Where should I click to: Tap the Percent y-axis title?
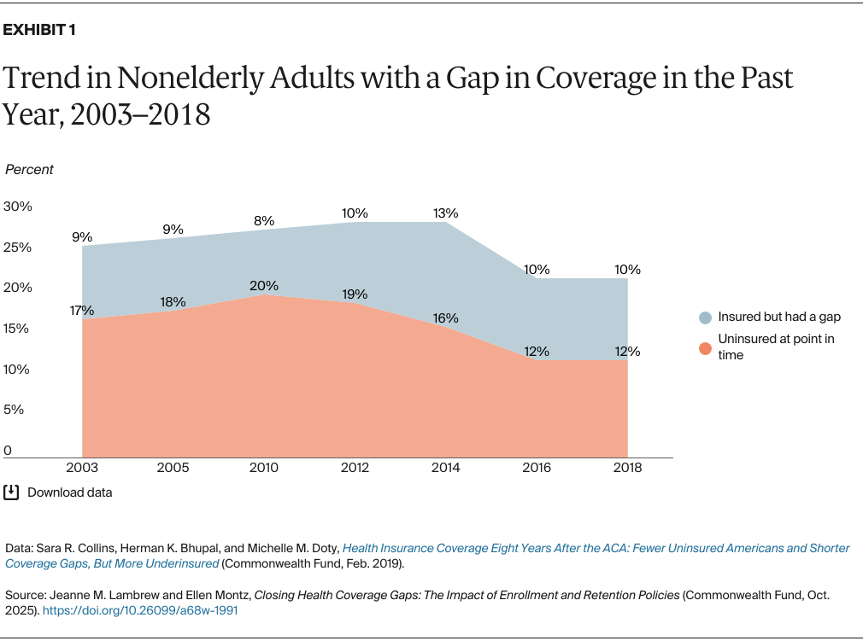click(29, 169)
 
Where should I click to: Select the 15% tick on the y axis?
click(17, 329)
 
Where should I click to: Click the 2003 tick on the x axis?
click(82, 468)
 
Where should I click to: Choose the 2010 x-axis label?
click(264, 468)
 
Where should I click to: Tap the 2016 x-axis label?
click(537, 468)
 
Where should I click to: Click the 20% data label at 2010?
click(264, 286)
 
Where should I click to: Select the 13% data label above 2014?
click(445, 213)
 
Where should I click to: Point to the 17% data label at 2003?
click(82, 311)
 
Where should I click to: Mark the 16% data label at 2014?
click(445, 318)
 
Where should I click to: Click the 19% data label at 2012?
click(355, 294)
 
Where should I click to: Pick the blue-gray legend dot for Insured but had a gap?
click(705, 318)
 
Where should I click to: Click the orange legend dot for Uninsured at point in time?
click(705, 347)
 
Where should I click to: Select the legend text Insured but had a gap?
click(779, 317)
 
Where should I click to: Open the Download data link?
click(69, 492)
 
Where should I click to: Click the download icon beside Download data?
click(11, 492)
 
